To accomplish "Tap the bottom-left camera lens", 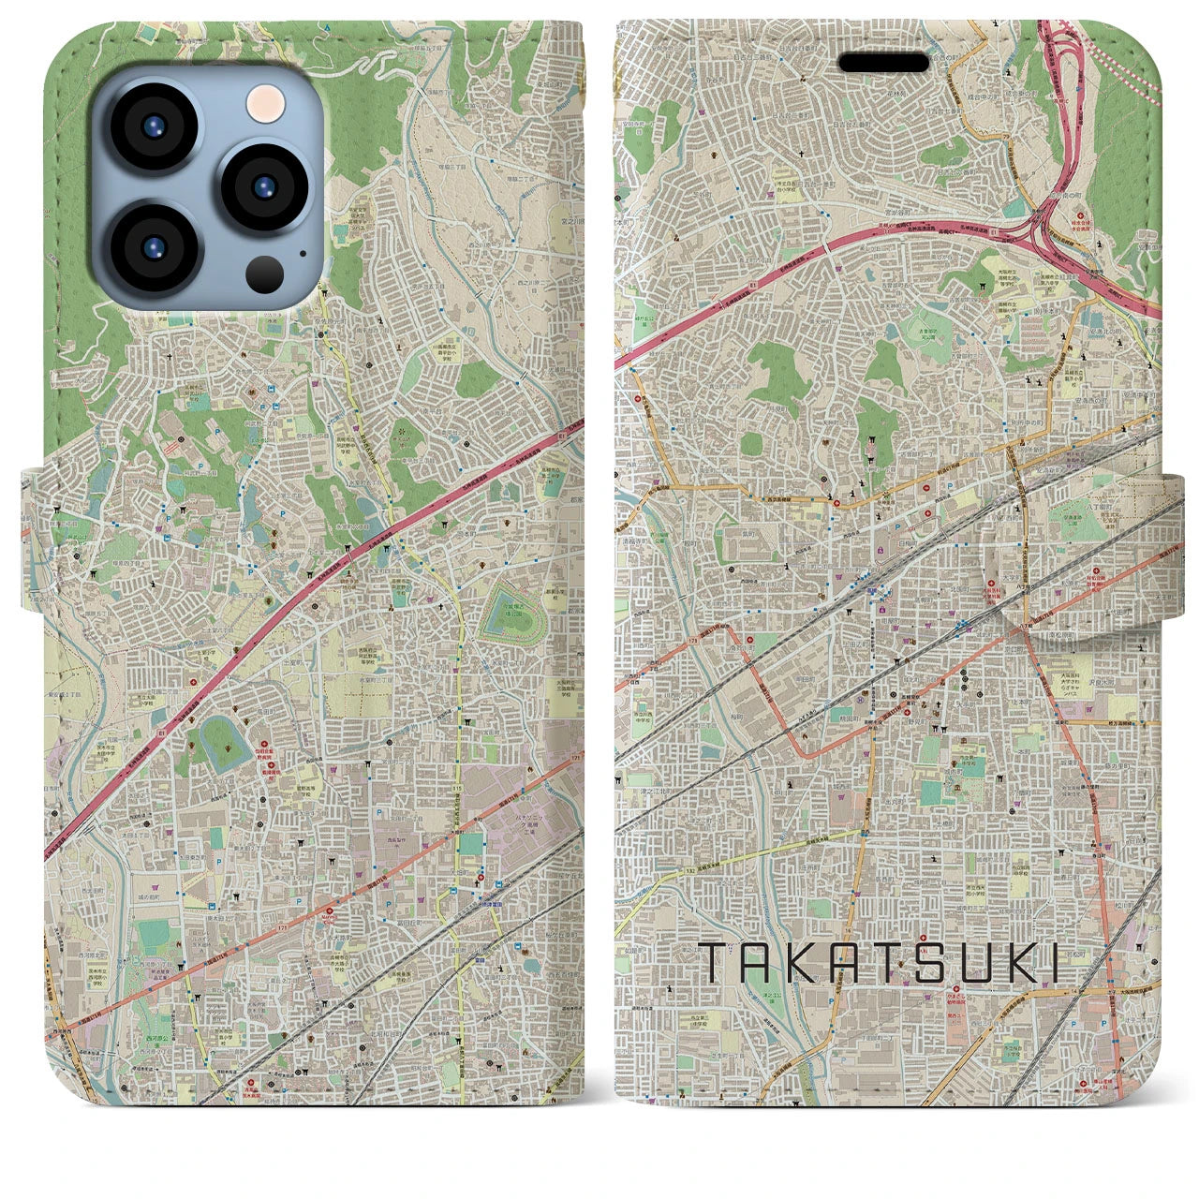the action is [155, 247].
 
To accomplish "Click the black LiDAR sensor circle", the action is [264, 274].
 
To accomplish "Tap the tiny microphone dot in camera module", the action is [303, 252].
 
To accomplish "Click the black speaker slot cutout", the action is [886, 62].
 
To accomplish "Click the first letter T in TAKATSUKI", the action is [713, 963].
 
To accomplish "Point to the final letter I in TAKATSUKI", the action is [1053, 963].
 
